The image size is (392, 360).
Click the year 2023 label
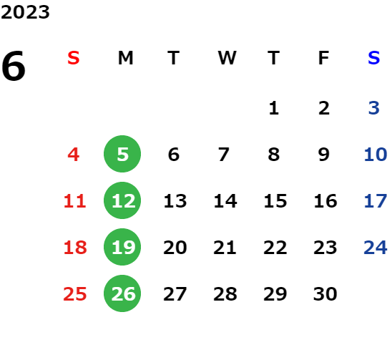[x=25, y=12]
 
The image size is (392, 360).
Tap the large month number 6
[x=14, y=66]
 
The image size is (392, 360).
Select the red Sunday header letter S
[x=73, y=58]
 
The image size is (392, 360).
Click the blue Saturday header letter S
[x=373, y=58]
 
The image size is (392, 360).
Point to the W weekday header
[x=227, y=58]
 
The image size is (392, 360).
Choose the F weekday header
[x=323, y=58]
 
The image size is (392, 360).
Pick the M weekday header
[x=125, y=58]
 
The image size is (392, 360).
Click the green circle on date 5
[x=122, y=154]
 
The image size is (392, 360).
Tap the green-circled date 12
[x=122, y=200]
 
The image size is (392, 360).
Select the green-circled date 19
[x=122, y=247]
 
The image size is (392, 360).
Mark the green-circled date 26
[x=122, y=293]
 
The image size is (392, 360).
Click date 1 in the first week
[x=274, y=108]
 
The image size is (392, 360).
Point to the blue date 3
[x=373, y=108]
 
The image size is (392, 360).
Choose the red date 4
[x=74, y=155]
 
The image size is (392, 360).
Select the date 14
[x=225, y=201]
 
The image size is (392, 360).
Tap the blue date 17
[x=376, y=201]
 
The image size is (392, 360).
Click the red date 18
[x=75, y=248]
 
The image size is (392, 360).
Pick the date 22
[x=275, y=248]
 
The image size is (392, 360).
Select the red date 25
[x=74, y=294]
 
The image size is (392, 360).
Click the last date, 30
[x=325, y=294]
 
